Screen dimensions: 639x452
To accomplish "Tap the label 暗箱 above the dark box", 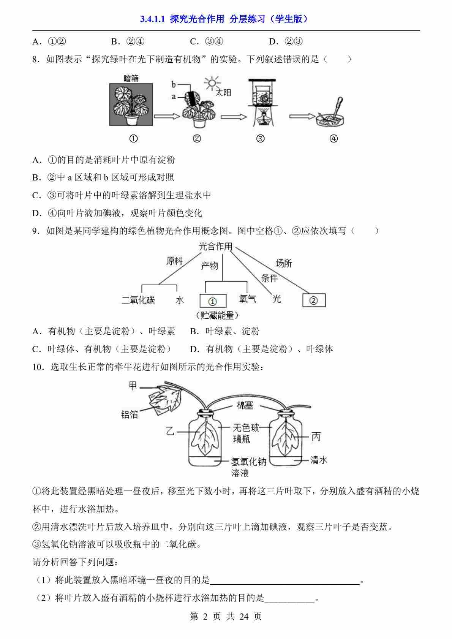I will coord(131,79).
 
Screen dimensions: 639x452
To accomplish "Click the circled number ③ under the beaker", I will coord(261,139).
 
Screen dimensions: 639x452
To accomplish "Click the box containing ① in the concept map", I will coord(213,301).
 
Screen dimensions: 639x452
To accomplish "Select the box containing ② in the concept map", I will coord(314,300).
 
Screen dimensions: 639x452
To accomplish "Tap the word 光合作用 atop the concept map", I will coord(215,246).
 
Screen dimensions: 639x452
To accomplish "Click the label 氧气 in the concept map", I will coord(247,299).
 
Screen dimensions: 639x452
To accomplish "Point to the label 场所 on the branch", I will coord(283,263).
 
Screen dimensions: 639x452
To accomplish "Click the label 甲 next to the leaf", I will coord(133,386).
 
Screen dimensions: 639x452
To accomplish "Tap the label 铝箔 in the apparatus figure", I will coord(130,414).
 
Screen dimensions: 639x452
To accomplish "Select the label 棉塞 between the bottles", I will coord(245,405).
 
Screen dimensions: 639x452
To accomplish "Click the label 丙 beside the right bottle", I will coord(316,437).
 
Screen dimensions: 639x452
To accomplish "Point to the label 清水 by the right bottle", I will coord(319,460).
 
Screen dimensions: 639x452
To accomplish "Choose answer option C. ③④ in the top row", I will coord(206,41).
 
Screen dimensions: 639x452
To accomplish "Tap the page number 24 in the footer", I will coord(244,616).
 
